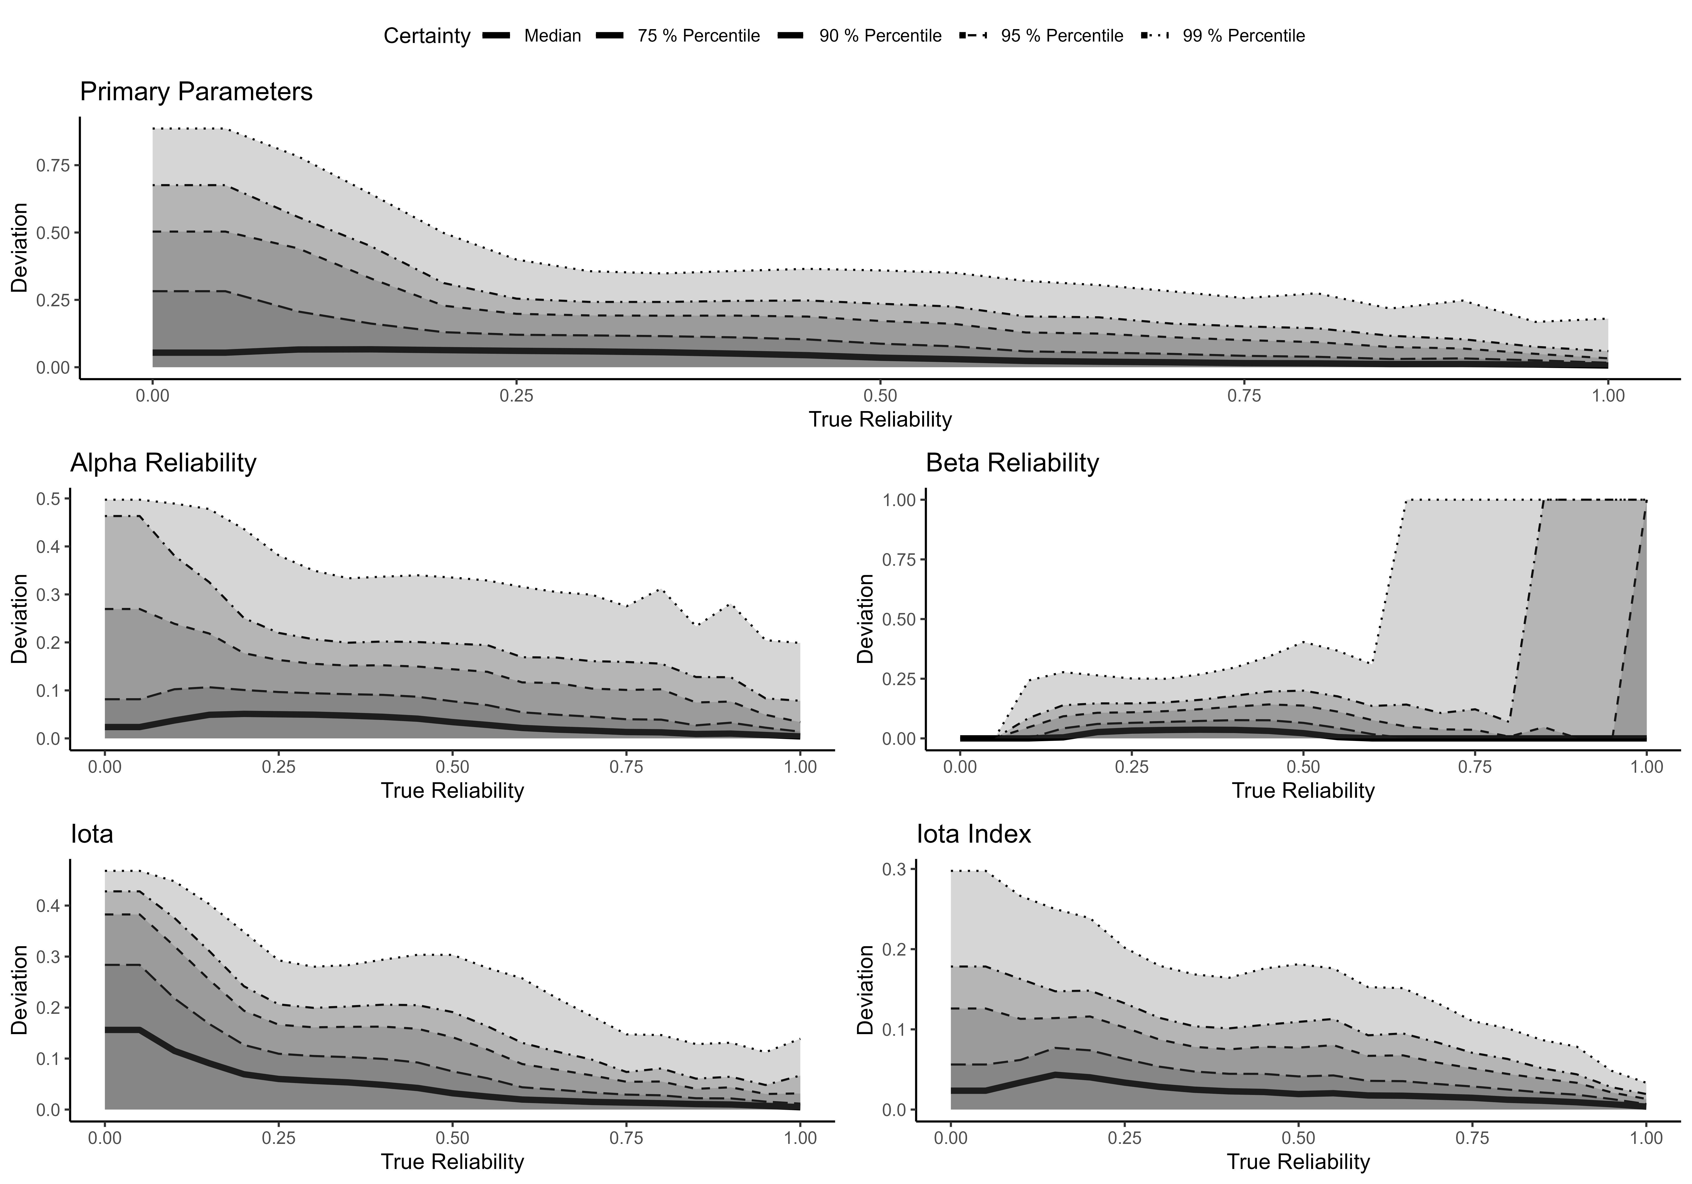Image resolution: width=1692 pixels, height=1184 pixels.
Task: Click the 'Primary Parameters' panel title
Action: (x=196, y=92)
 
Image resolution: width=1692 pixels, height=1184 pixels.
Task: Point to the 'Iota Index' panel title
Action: (x=974, y=834)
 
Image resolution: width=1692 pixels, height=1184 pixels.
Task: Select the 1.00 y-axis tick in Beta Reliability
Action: (x=899, y=500)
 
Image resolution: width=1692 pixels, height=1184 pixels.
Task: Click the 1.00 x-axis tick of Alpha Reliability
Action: (x=800, y=767)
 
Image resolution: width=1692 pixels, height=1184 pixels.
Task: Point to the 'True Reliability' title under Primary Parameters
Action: (x=880, y=420)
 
